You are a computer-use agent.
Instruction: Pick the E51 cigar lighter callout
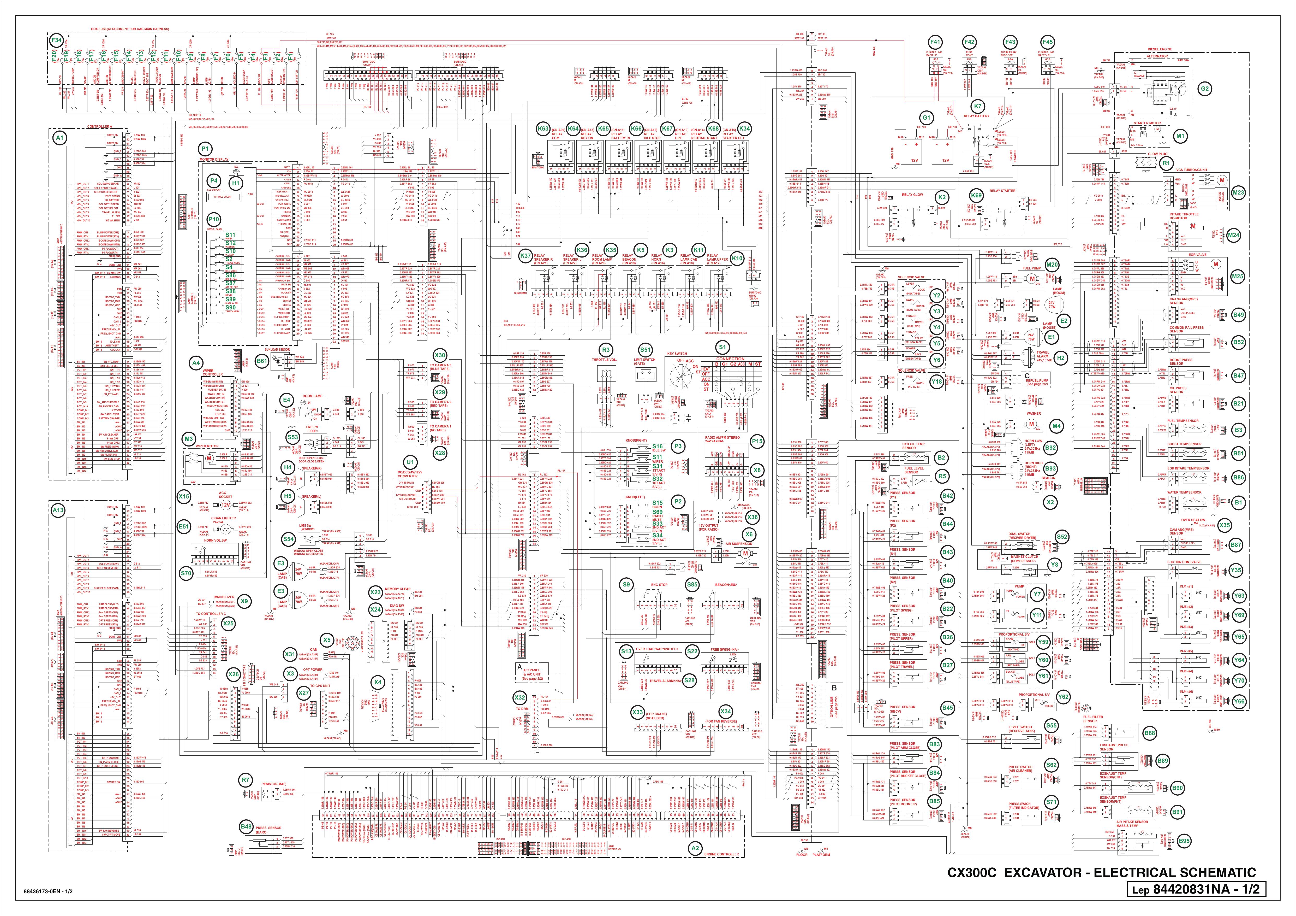pos(183,526)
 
